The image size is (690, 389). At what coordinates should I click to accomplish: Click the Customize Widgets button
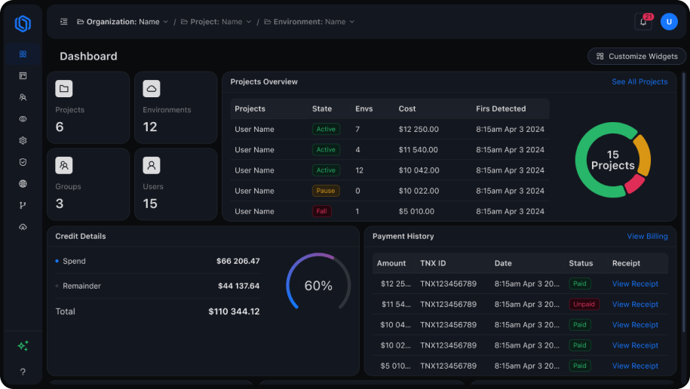click(636, 56)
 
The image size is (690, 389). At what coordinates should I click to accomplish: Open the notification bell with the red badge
click(643, 22)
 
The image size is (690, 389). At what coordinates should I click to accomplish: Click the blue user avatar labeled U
click(669, 22)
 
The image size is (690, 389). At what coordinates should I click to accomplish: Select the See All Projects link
click(639, 81)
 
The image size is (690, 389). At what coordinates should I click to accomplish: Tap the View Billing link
click(647, 236)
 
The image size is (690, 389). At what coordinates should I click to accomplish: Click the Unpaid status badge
click(584, 305)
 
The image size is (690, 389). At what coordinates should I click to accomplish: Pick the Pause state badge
click(326, 191)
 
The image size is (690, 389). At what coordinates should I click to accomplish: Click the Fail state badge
click(322, 211)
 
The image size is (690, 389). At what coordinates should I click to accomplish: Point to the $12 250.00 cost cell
click(419, 130)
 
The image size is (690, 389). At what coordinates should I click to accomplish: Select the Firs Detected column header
click(501, 109)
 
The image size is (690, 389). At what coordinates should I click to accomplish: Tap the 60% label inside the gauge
click(318, 286)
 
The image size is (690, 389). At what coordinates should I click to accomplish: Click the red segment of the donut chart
click(634, 183)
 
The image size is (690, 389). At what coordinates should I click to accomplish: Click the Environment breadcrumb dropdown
click(309, 22)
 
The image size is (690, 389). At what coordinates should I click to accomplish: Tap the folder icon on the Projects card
click(64, 89)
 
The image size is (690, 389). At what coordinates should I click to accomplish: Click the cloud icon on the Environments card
click(152, 89)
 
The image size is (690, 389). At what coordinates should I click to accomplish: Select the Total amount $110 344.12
click(234, 311)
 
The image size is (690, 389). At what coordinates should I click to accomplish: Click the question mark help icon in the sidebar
click(23, 372)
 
